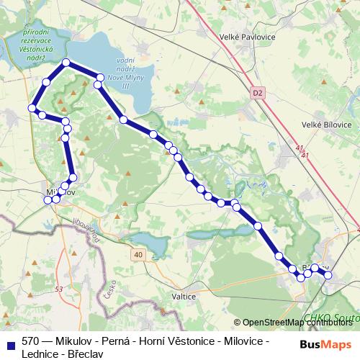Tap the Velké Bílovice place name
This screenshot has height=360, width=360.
[x=320, y=125]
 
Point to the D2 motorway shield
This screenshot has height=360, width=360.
[x=259, y=92]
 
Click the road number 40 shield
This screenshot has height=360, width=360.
[x=138, y=255]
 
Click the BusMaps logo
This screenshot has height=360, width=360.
[x=325, y=344]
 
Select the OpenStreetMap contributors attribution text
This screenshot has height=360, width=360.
[x=298, y=323]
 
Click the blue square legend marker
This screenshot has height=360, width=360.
[x=11, y=341]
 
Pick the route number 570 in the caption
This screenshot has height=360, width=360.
[x=30, y=341]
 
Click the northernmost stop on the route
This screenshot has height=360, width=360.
[x=66, y=63]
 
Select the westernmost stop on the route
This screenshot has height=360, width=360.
[x=32, y=108]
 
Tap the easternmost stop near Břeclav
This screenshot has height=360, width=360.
[x=328, y=274]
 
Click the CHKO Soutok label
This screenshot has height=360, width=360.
[x=330, y=317]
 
